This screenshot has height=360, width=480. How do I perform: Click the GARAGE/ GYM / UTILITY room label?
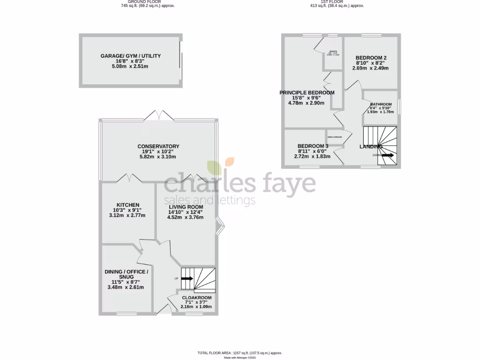131,56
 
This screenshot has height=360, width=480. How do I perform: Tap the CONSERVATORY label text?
158,146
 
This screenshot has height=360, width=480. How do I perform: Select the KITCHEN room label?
127,205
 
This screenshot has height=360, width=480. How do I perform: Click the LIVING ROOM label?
186,207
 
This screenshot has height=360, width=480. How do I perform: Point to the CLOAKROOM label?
196,298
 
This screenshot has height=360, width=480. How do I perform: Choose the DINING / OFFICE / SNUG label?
127,274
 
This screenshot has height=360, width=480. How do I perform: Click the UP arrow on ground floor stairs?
187,278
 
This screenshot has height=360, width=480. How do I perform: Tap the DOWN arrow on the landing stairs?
388,155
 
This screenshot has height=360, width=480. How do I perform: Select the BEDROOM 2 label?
370,58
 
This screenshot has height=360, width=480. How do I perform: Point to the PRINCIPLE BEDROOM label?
307,93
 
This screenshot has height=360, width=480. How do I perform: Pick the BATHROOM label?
381,105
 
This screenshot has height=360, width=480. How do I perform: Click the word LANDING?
370,147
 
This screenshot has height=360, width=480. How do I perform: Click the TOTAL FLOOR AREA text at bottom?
240,352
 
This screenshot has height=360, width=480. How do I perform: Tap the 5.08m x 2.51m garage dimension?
131,67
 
